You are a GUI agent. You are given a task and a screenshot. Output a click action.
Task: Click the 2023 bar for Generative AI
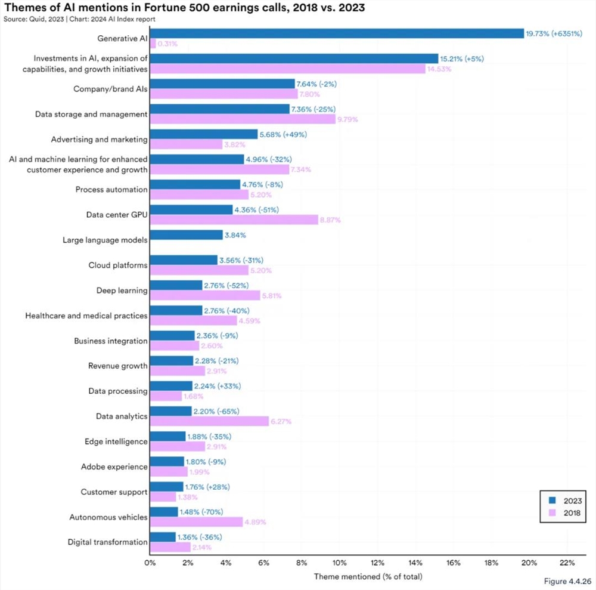[x=336, y=33]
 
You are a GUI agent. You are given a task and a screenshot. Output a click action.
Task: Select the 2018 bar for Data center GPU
[x=234, y=220]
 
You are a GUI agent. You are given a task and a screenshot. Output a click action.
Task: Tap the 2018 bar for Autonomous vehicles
[x=196, y=522]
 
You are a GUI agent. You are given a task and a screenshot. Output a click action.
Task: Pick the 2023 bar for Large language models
[x=186, y=235]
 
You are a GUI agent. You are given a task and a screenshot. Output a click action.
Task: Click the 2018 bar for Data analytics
[x=209, y=421]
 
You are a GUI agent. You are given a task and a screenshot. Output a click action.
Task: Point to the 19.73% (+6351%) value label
[x=554, y=33]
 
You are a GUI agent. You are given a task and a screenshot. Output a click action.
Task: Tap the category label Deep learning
[x=122, y=291]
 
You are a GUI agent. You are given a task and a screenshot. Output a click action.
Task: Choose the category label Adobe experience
[x=114, y=467]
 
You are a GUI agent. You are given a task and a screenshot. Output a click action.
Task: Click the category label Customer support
[x=114, y=492]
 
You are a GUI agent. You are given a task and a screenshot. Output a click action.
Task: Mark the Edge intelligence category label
[x=116, y=441]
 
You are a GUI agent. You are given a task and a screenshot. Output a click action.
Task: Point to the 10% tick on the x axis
[x=339, y=562]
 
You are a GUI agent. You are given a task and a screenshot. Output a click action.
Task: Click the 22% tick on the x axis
[x=567, y=562]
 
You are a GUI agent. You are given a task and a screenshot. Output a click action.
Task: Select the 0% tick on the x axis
[x=150, y=562]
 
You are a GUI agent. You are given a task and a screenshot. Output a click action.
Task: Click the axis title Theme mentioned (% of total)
[x=368, y=576]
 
